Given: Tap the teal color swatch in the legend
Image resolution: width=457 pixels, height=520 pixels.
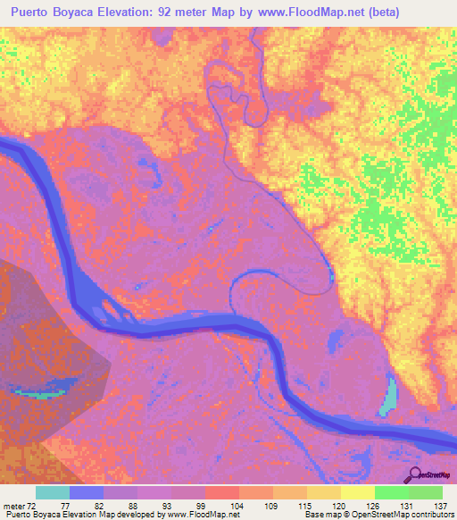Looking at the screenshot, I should pyautogui.click(x=53, y=492).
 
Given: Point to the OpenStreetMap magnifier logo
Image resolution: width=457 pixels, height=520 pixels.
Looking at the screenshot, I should pyautogui.click(x=416, y=474).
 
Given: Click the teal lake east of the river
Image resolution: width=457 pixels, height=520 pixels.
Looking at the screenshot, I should pyautogui.click(x=389, y=395).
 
